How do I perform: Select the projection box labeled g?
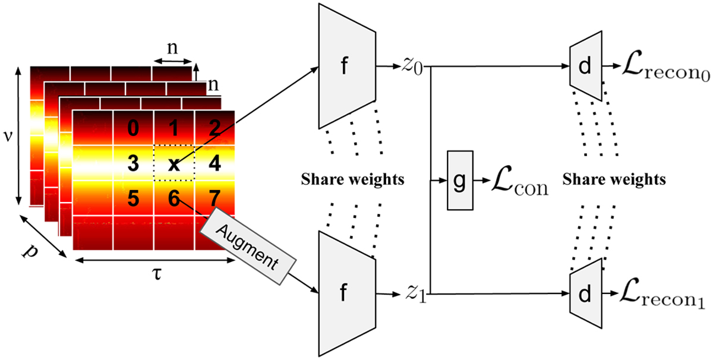(x=460, y=179)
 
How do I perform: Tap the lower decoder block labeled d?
(x=586, y=294)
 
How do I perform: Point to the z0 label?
(x=410, y=66)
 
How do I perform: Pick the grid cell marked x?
(x=174, y=163)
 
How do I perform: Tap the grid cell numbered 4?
(x=215, y=163)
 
